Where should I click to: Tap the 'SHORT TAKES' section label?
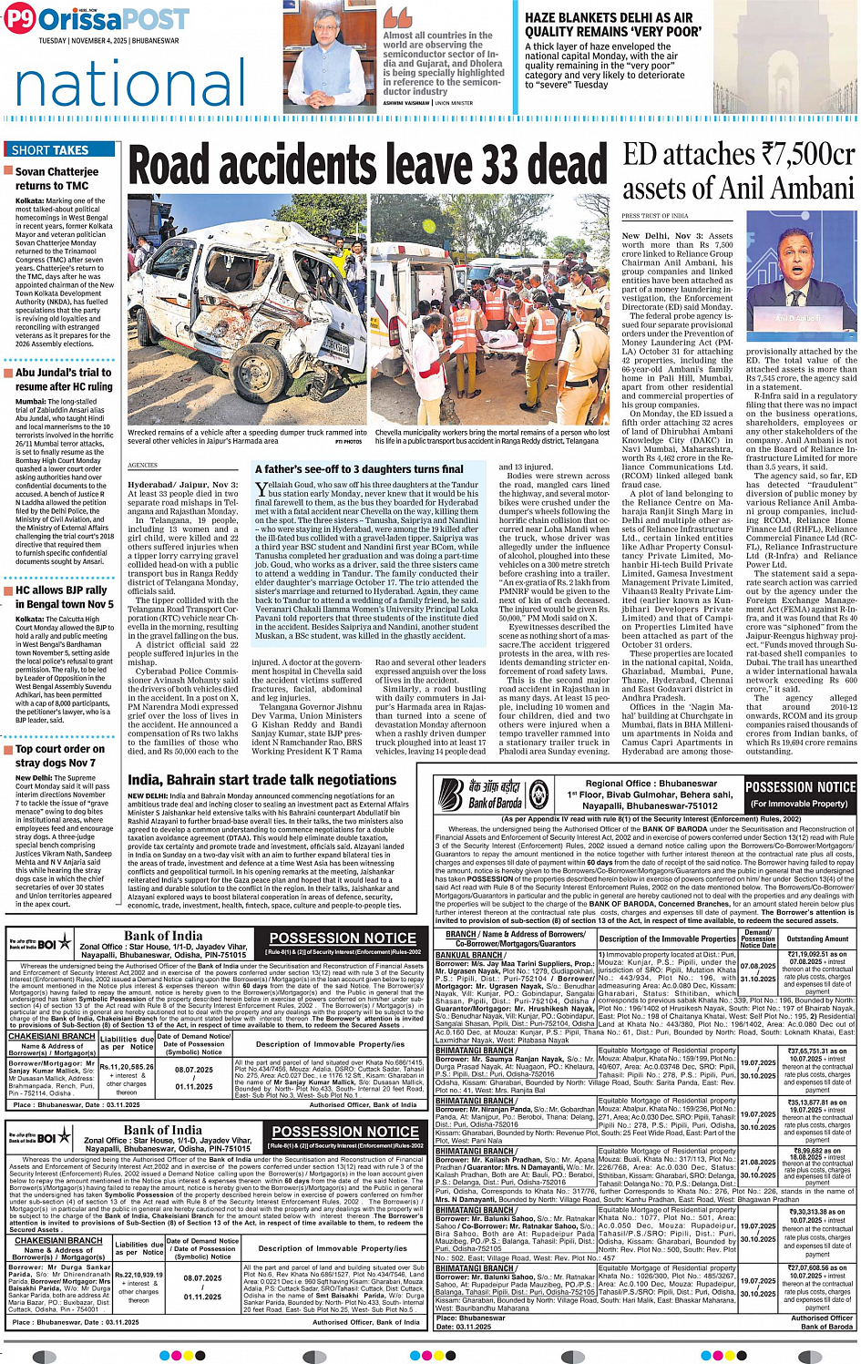pos(50,149)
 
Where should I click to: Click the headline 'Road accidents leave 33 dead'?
pos(367,167)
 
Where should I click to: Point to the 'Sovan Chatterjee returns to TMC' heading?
pos(57,178)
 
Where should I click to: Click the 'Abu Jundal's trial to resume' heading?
pos(64,379)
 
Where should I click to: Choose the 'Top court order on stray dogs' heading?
pos(60,755)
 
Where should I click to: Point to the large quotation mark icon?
pos(397,16)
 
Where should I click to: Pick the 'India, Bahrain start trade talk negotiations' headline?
pos(262,780)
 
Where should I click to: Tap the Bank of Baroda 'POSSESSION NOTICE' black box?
pos(800,793)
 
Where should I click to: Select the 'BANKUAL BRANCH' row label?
pos(469,955)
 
